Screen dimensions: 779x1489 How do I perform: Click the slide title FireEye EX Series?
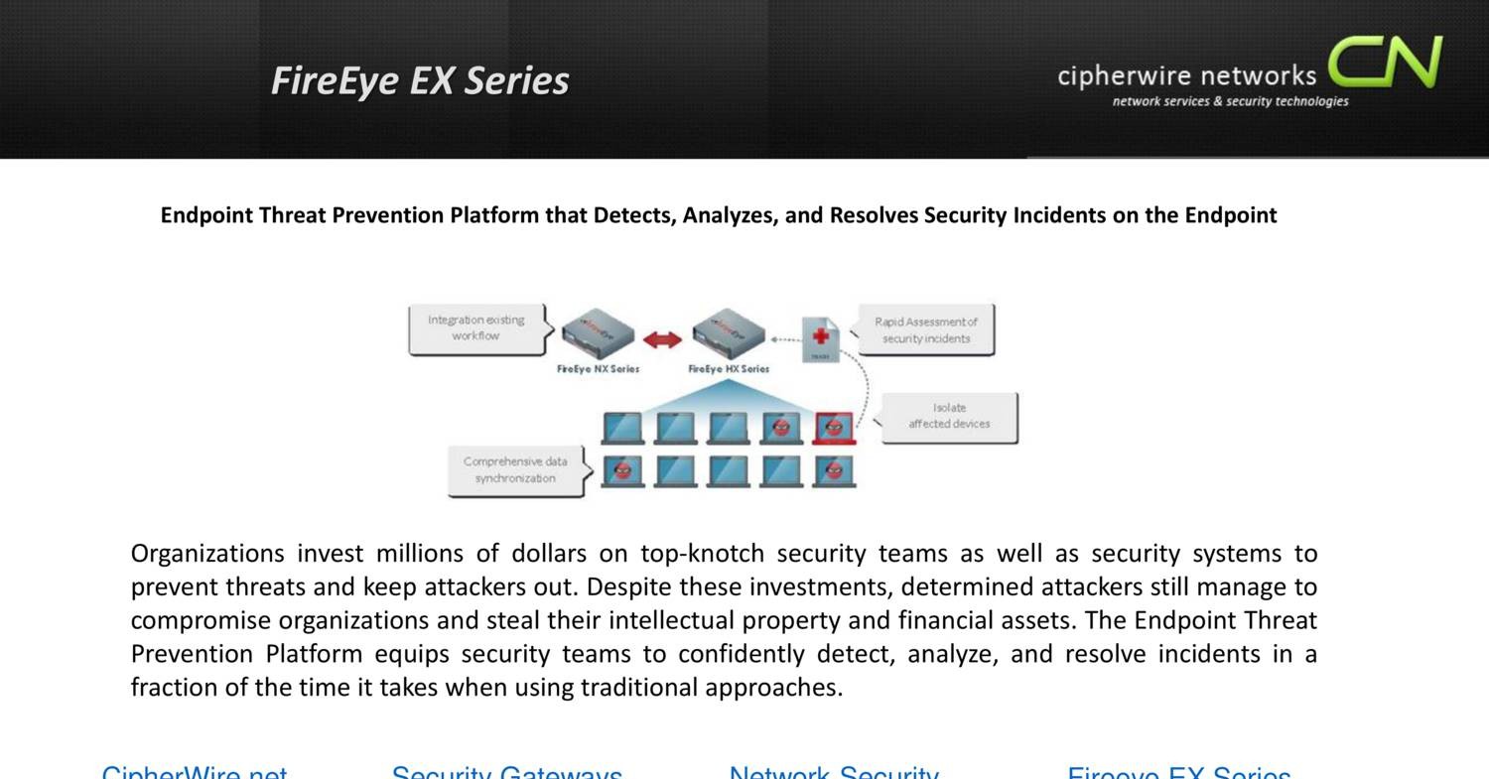pos(420,80)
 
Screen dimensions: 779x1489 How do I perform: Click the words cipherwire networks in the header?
pos(1186,75)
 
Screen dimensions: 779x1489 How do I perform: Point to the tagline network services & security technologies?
pos(1230,101)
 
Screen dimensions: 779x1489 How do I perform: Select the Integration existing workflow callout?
pos(476,328)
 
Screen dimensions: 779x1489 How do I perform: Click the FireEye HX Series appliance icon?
pos(729,335)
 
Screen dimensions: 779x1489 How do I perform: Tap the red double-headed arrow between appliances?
pos(662,340)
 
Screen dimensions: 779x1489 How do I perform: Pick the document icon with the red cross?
pos(821,339)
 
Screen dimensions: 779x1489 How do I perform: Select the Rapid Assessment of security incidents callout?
pos(925,330)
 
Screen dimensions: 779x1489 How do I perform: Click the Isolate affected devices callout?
pos(949,417)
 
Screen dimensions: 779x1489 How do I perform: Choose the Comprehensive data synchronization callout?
pos(515,470)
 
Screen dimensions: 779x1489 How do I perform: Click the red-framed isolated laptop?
pos(834,428)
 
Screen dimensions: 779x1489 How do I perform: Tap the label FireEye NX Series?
pos(598,369)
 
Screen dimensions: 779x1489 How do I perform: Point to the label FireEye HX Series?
pos(729,369)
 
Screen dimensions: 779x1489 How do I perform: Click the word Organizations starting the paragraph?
pos(206,554)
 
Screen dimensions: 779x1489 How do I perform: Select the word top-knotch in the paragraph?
pos(702,554)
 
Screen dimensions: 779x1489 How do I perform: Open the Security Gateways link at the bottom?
pos(506,772)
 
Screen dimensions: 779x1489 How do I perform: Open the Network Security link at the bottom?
pos(834,772)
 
